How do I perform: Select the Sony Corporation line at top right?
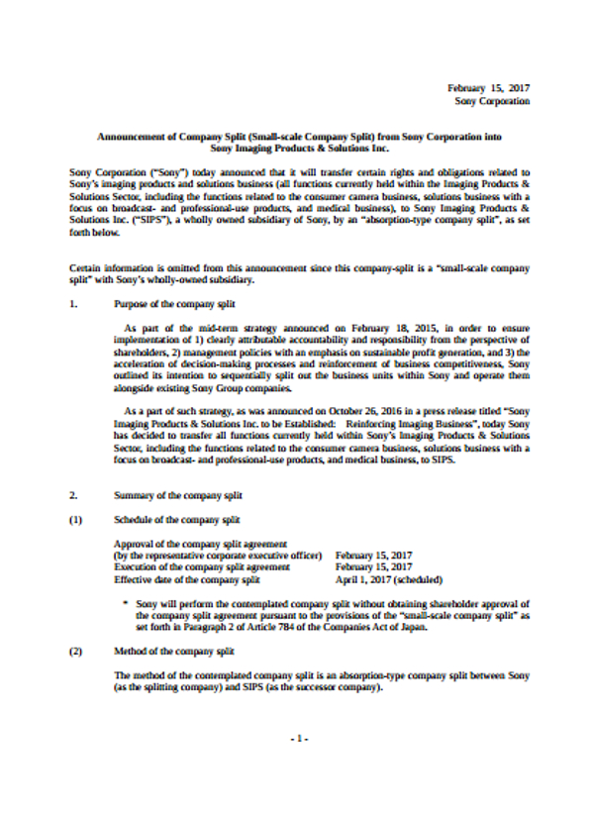point(492,100)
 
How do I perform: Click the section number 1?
point(74,303)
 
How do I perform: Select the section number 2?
point(74,493)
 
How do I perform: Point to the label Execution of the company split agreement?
point(203,567)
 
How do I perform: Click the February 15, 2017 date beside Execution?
point(373,567)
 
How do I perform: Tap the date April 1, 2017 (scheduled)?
point(388,579)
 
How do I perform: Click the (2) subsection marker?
point(75,652)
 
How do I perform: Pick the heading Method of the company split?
point(174,652)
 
